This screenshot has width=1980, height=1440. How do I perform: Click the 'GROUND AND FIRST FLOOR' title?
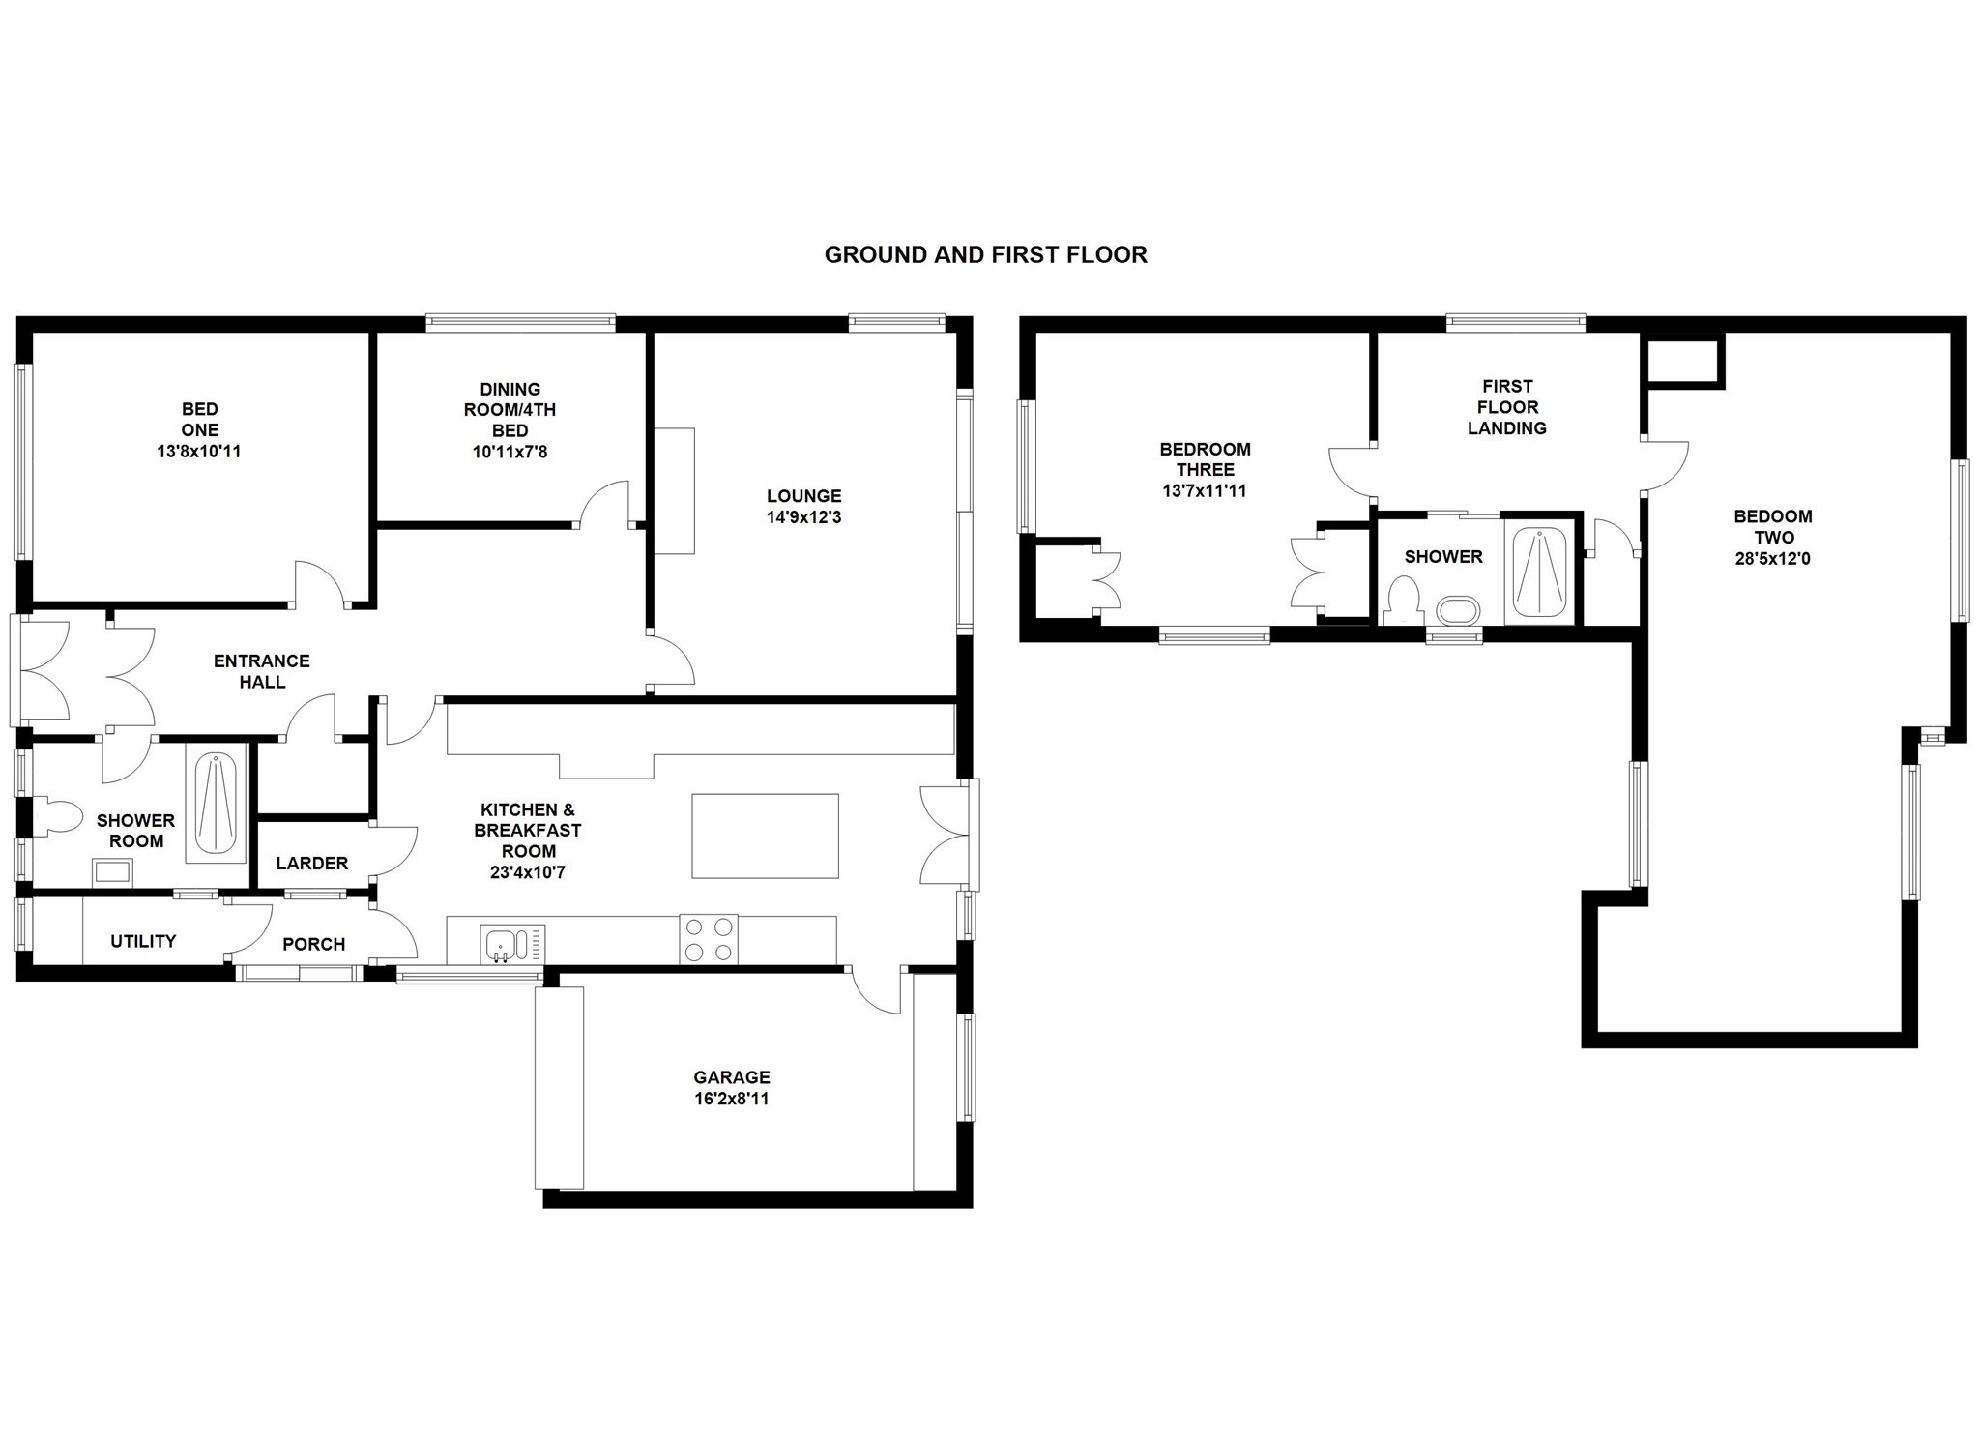[x=985, y=254]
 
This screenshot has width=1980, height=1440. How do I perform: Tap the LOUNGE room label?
[x=803, y=496]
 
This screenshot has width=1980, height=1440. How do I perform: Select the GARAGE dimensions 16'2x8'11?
[x=731, y=1099]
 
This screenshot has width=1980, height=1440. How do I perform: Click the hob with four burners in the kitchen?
[x=709, y=939]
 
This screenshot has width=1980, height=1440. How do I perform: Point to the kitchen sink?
[x=511, y=944]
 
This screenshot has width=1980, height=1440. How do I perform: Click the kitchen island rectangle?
[x=765, y=836]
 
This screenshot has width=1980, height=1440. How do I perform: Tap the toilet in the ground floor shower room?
[x=57, y=817]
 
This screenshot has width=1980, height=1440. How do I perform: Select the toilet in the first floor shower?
[x=1402, y=600]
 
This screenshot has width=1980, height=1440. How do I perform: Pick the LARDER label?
[x=311, y=863]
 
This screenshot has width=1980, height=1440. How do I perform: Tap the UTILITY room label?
[x=143, y=941]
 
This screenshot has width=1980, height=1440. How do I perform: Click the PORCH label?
[x=313, y=944]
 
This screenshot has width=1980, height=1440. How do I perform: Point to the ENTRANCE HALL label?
[x=262, y=671]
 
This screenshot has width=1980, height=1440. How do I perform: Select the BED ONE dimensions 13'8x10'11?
[x=199, y=451]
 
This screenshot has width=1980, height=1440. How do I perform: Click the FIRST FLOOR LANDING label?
[x=1506, y=407]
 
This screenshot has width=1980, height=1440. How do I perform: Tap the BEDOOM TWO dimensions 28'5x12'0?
[x=1772, y=558]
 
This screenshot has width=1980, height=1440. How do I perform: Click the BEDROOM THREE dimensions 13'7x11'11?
[x=1205, y=490]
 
